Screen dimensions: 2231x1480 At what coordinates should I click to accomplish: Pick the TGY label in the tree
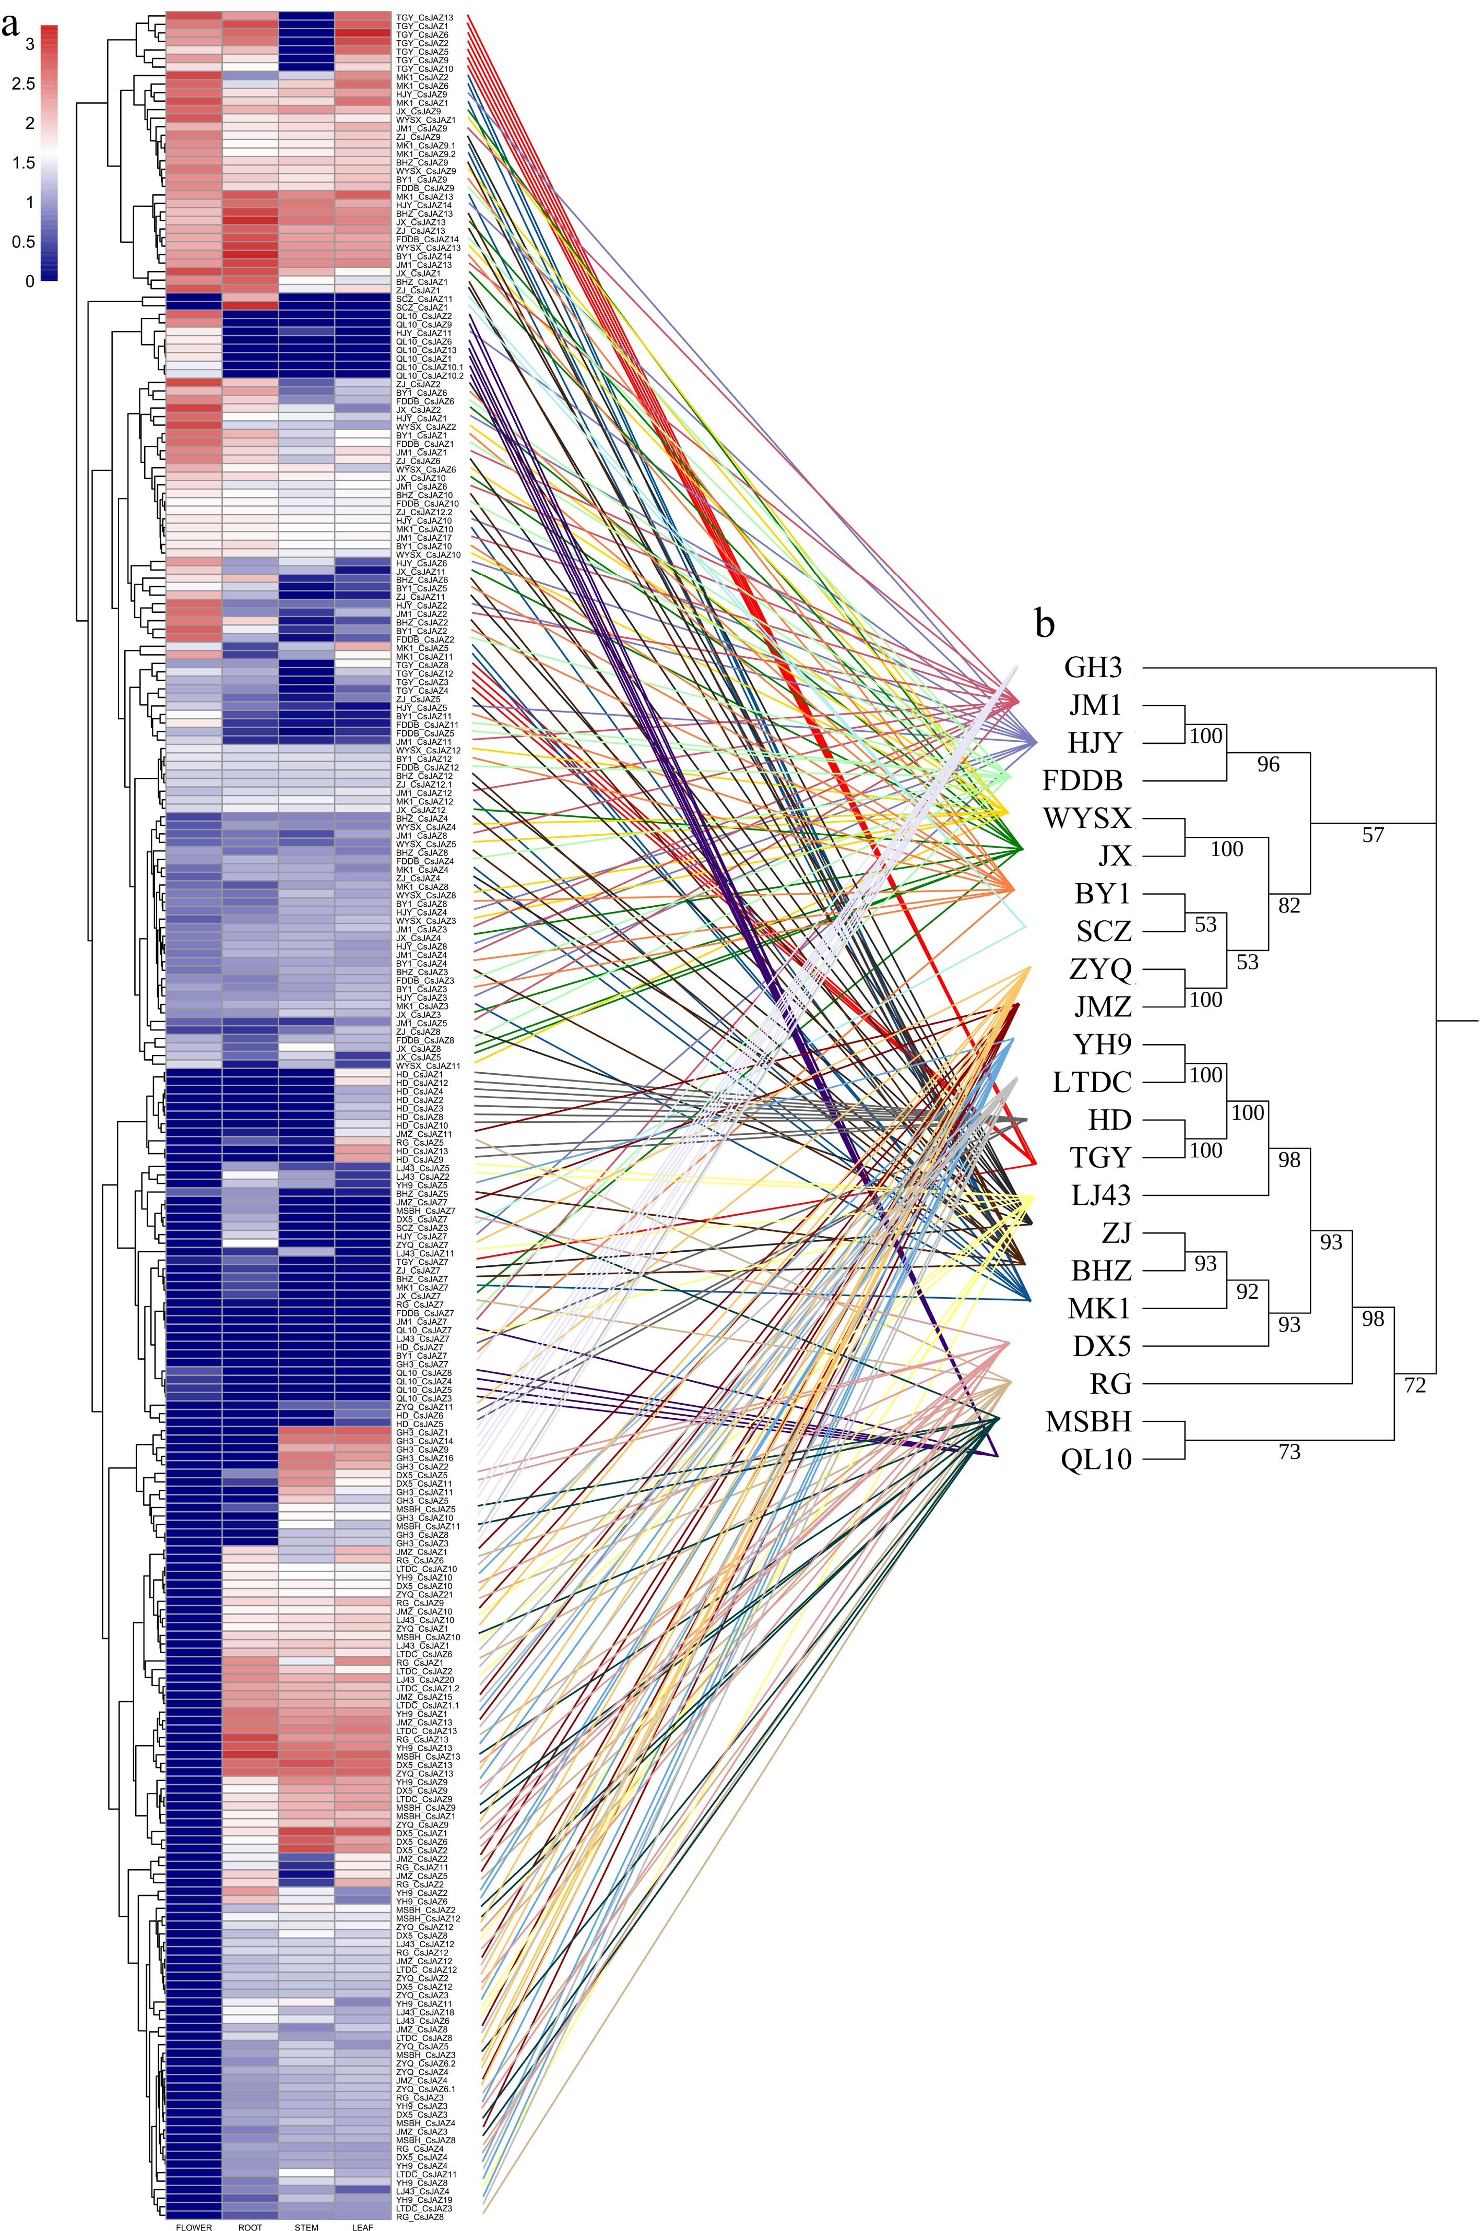pos(1100,1158)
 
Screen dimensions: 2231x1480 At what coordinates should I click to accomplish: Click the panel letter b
pos(1044,623)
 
